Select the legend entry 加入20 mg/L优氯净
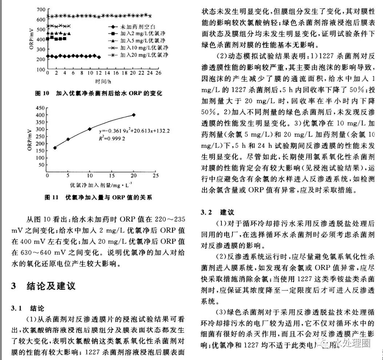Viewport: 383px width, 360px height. (142, 55)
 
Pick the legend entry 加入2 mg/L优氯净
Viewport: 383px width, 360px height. (140, 33)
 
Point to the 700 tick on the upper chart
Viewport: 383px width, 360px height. (41, 9)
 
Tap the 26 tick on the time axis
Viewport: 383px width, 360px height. (159, 73)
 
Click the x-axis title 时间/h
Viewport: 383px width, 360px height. (103, 81)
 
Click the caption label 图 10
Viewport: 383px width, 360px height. (42, 94)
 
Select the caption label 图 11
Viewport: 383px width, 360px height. (51, 197)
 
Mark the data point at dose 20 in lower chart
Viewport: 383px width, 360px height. (133, 115)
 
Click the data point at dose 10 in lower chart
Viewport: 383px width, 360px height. (89, 129)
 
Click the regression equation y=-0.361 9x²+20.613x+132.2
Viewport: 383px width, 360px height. (135, 130)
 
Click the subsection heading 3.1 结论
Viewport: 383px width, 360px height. (28, 308)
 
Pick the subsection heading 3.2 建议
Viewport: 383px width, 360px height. (218, 212)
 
